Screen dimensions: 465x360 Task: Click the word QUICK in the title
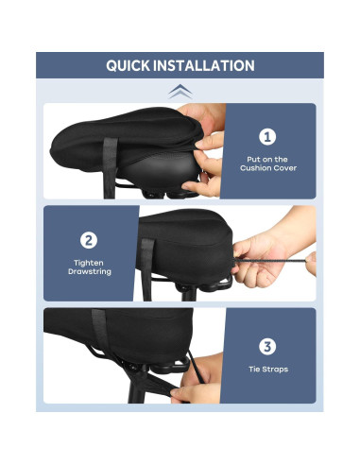click(x=132, y=66)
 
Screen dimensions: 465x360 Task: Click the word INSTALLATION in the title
click(x=208, y=66)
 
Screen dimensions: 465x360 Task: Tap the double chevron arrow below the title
click(x=179, y=91)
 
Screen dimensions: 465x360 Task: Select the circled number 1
click(x=267, y=136)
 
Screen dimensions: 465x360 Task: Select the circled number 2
click(x=88, y=239)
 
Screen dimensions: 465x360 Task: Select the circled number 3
click(x=267, y=346)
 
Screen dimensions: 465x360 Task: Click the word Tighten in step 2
click(x=88, y=262)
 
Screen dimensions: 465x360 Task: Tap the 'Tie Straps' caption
click(x=267, y=370)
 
